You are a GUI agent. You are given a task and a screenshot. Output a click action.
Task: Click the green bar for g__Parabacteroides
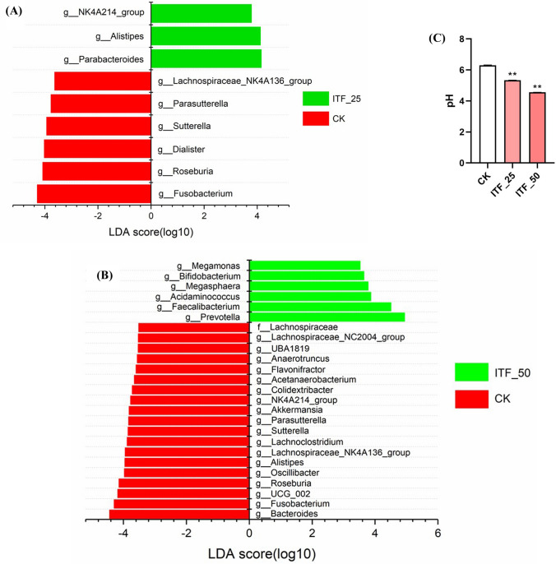pos(206,59)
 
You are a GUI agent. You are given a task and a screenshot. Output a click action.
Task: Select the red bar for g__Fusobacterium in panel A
pos(94,194)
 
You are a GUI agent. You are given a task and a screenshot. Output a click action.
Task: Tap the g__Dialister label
pos(181,149)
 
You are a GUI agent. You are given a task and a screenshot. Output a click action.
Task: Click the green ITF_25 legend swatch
pos(316,99)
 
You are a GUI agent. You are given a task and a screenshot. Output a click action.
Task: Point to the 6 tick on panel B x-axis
pos(438,534)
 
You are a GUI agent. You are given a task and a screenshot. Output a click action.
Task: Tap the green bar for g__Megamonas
pos(305,265)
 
